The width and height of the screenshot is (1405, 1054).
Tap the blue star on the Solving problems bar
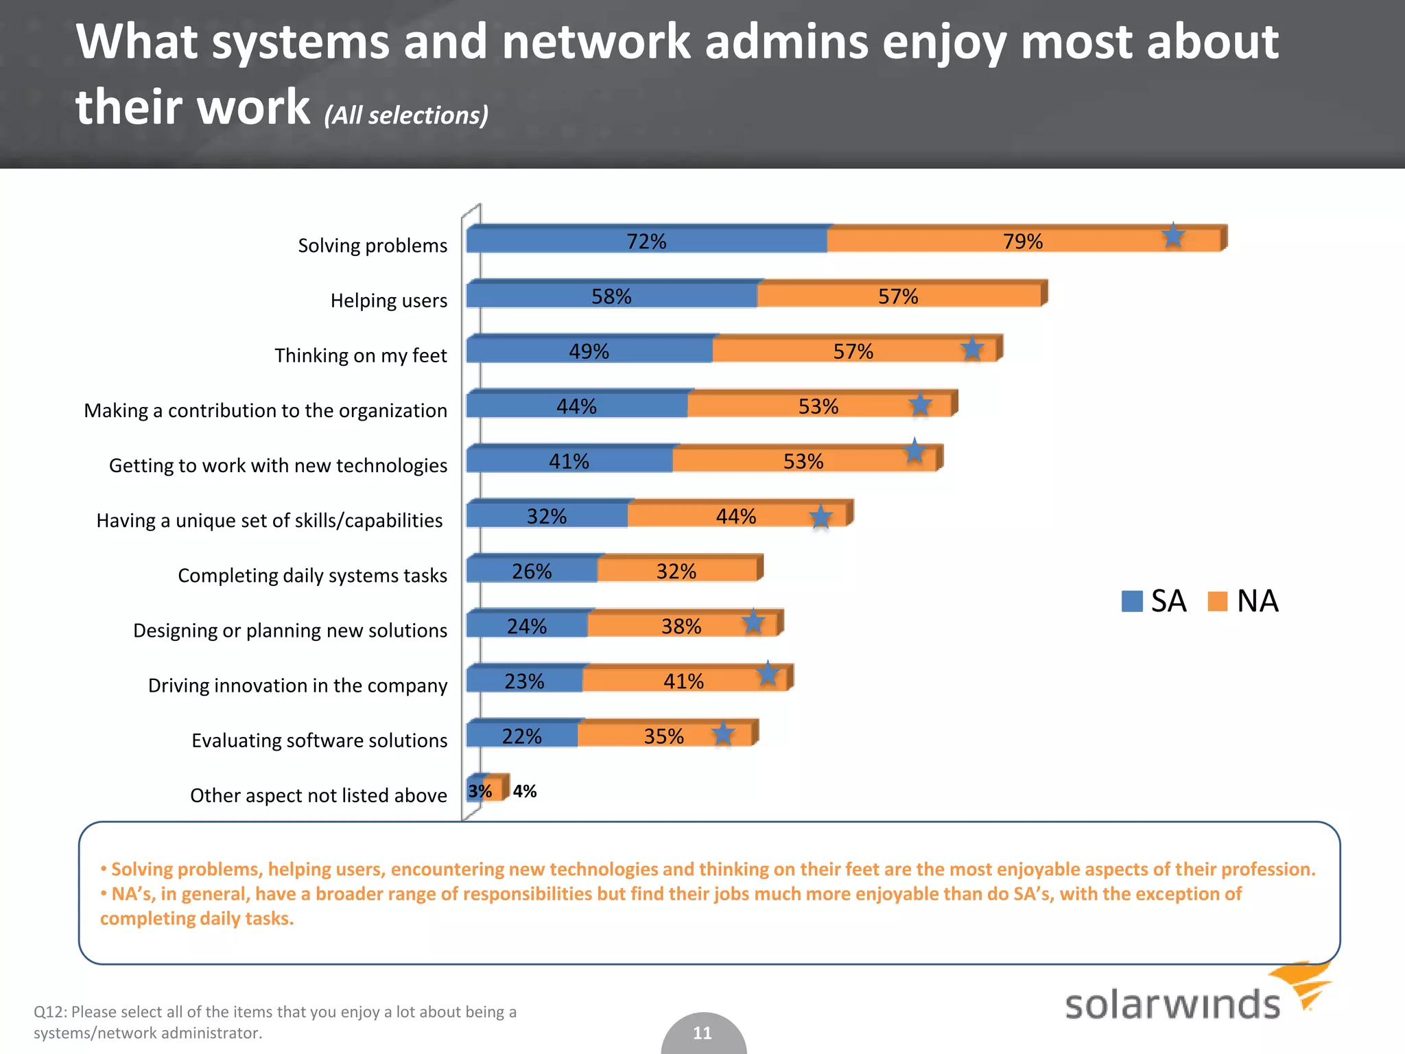pos(1173,236)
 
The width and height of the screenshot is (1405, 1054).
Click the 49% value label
pos(589,351)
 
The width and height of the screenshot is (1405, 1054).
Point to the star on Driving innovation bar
pos(768,674)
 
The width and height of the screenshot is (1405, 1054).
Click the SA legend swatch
pos(1132,601)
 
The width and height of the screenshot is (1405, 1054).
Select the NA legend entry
pos(1243,601)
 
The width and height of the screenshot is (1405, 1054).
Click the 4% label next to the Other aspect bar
pos(525,791)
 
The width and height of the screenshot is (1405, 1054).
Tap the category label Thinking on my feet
pos(361,355)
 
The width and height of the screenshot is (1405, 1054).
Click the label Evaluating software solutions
pos(319,740)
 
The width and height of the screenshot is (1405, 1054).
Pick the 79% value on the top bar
pos(1022,242)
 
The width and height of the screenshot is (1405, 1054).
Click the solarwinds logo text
pos(1172,1005)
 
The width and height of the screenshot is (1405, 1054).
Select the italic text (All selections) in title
pos(406,115)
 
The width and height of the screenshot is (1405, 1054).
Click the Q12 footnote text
pos(274,1022)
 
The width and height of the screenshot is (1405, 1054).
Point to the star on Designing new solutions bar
pos(753,622)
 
